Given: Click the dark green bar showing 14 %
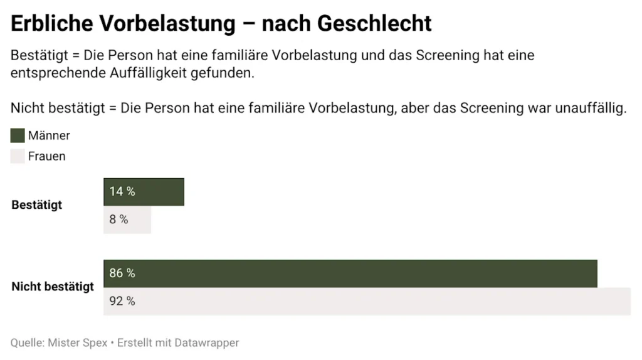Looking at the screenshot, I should point(144,192).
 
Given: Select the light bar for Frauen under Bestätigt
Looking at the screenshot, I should point(127,220).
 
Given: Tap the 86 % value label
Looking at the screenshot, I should point(122,273).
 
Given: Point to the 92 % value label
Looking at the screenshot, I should point(122,301).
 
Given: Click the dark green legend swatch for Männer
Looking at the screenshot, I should point(18,136).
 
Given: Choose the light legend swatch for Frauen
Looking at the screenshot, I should point(18,156).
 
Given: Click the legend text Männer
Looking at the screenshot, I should point(49,136).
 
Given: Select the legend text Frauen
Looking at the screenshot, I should point(46,156).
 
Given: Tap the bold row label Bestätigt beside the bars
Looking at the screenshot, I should point(37,205).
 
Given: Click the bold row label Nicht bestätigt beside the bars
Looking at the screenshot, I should point(53,287).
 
